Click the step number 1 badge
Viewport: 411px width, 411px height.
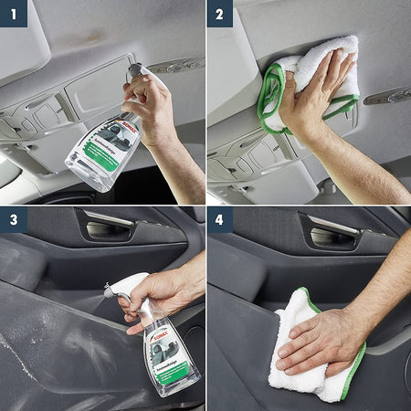(13, 13)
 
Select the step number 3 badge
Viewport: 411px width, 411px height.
(13, 220)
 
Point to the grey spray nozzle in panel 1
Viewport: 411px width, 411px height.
(135, 69)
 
